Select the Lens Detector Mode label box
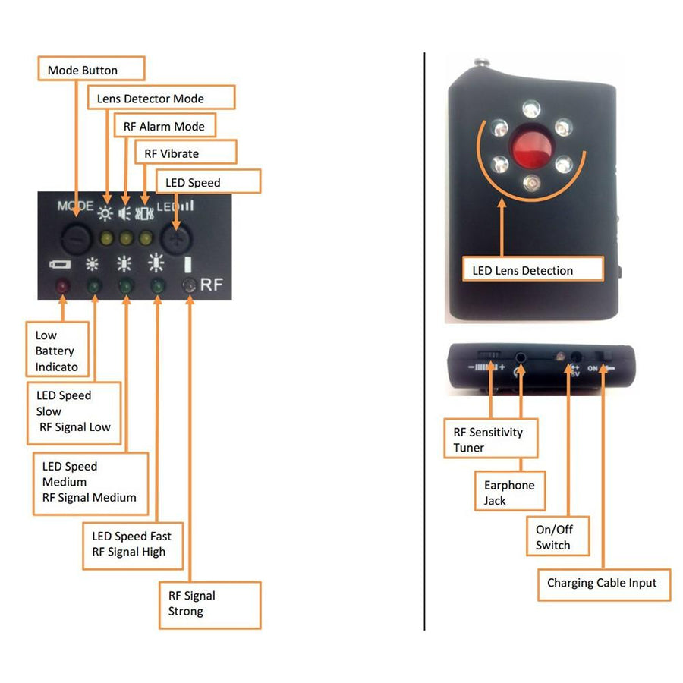coord(162,98)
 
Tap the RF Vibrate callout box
coord(186,153)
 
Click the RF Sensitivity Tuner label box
coord(490,439)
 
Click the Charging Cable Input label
coord(604,584)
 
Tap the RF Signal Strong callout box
coord(209,604)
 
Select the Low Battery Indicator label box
coord(62,351)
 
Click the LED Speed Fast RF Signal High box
coord(133,544)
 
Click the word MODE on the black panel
coord(75,206)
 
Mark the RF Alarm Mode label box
coord(164,126)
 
